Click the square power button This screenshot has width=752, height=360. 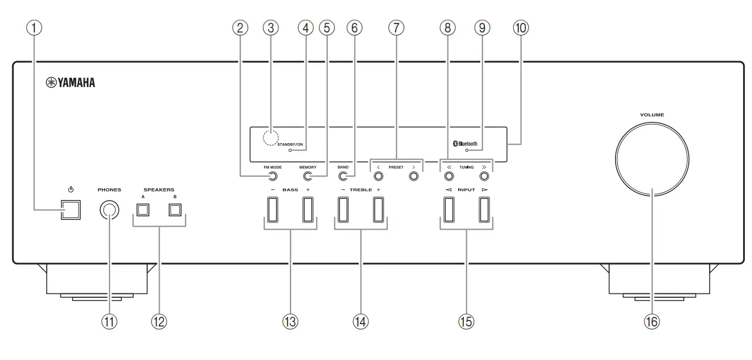pyautogui.click(x=70, y=209)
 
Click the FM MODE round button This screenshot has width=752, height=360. pyautogui.click(x=272, y=177)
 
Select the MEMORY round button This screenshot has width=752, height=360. pyautogui.click(x=308, y=177)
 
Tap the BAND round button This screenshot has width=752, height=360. pyautogui.click(x=343, y=177)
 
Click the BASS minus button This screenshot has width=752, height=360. pyautogui.click(x=273, y=209)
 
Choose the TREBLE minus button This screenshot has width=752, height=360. pyautogui.click(x=343, y=209)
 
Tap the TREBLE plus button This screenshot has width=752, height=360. pyautogui.click(x=378, y=209)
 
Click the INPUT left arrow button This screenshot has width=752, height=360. pyautogui.click(x=448, y=209)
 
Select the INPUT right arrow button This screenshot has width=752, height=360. pyautogui.click(x=484, y=209)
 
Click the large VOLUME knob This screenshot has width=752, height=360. pyautogui.click(x=652, y=156)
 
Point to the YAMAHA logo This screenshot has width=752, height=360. pyautogui.click(x=70, y=83)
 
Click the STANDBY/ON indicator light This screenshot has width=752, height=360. pyautogui.click(x=290, y=150)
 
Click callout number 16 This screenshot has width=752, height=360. pyautogui.click(x=652, y=322)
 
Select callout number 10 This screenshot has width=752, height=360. pyautogui.click(x=519, y=28)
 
